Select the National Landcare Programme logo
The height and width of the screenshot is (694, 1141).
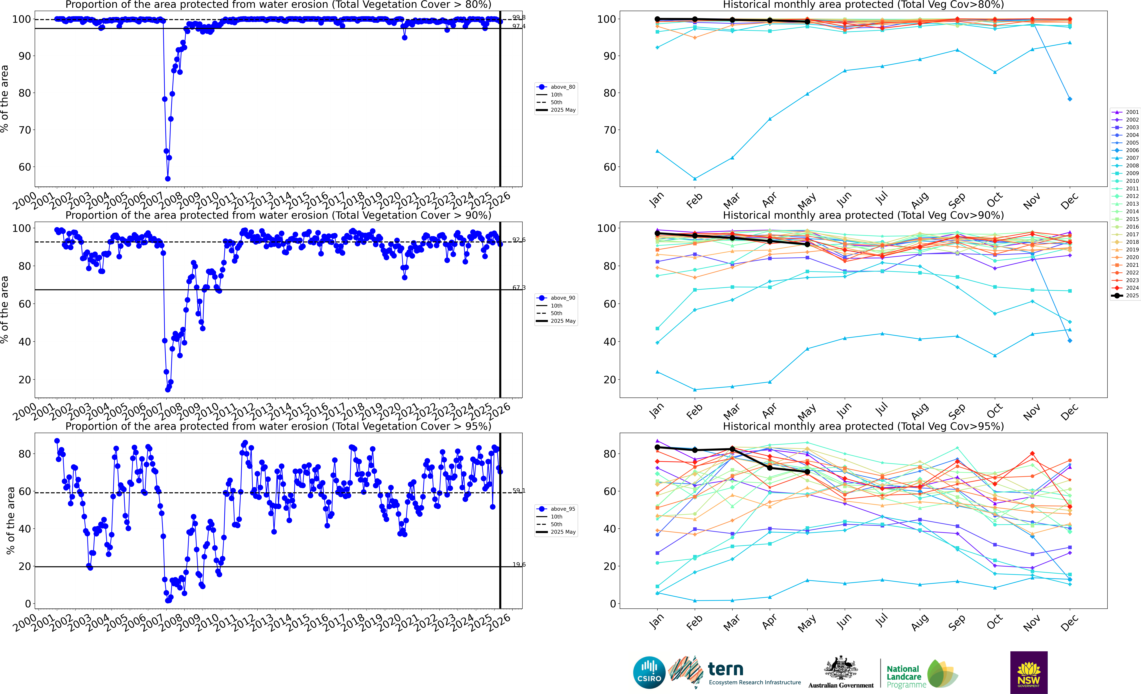point(922,674)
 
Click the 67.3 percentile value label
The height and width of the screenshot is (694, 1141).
point(519,288)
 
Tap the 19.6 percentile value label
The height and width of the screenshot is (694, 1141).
point(519,564)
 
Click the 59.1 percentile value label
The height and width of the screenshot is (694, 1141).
point(519,490)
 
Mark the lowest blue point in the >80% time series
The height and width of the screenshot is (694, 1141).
point(168,179)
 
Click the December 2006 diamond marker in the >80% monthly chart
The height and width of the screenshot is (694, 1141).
point(1070,99)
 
